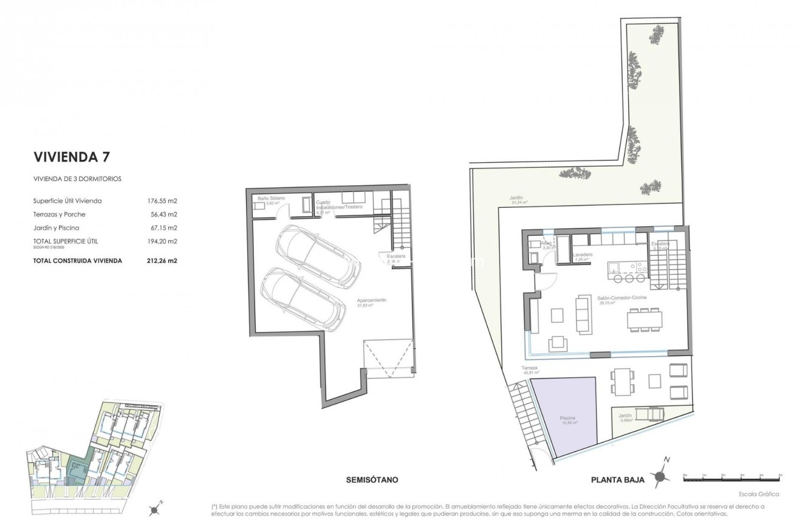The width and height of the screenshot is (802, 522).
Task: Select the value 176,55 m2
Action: pos(162,201)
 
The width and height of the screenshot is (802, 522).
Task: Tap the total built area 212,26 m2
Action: pos(162,261)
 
